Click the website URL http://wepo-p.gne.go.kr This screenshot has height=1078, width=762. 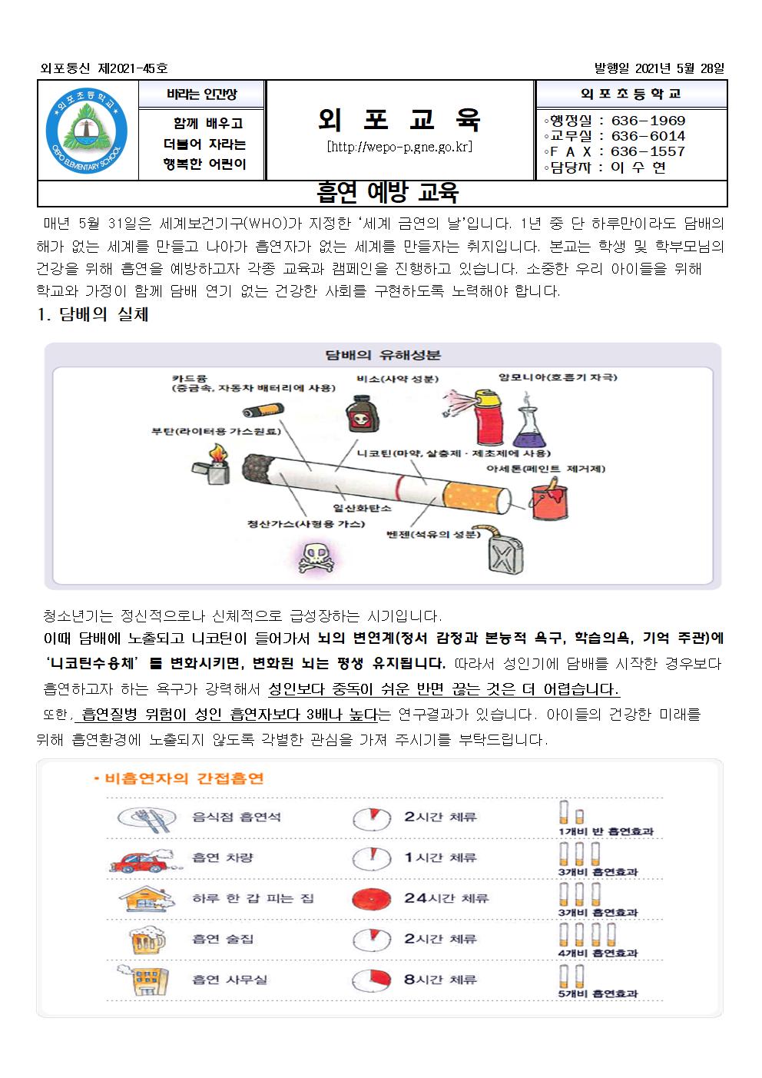coord(399,147)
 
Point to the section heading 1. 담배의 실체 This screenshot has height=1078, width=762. coord(93,315)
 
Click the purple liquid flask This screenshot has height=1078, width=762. coord(528,429)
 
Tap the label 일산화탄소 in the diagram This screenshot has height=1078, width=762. coord(361,508)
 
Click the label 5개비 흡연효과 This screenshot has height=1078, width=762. coord(598,993)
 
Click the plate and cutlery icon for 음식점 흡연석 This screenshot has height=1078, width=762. coord(144,818)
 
